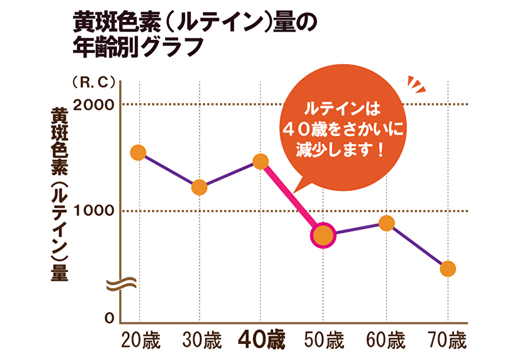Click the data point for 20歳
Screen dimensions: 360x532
(x=137, y=152)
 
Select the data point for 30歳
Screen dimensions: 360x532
(x=199, y=187)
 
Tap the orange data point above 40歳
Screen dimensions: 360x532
(x=260, y=161)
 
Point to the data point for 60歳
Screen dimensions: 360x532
(x=386, y=223)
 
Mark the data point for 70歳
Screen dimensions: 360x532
(x=448, y=269)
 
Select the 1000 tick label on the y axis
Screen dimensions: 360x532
(x=94, y=211)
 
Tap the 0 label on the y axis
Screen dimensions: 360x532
(x=109, y=318)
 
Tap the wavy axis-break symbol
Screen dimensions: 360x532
(x=119, y=284)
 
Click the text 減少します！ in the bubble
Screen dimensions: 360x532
(x=340, y=150)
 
